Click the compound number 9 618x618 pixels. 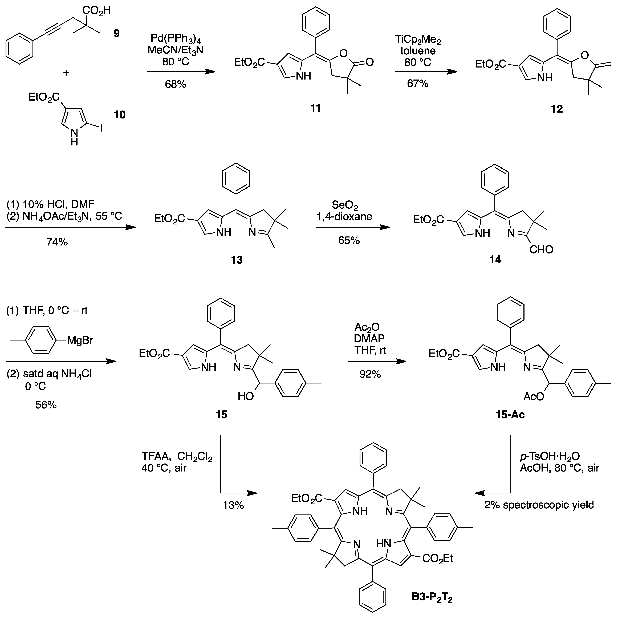pyautogui.click(x=117, y=33)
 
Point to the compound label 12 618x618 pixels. pyautogui.click(x=557, y=109)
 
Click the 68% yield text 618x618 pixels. pyautogui.click(x=176, y=84)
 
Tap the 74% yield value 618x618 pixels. pyautogui.click(x=57, y=242)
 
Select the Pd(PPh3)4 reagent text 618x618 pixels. pyautogui.click(x=176, y=40)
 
